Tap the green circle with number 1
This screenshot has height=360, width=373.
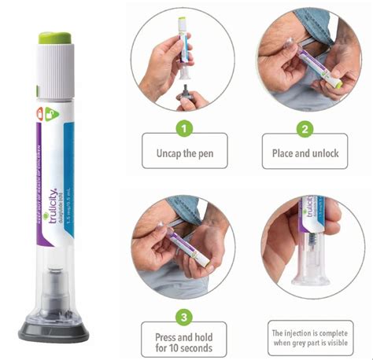click(x=183, y=127)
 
